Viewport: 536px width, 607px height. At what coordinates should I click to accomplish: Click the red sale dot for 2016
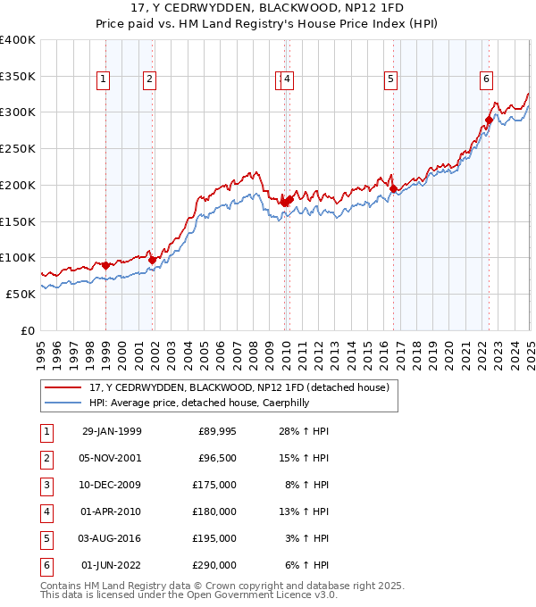[x=393, y=188]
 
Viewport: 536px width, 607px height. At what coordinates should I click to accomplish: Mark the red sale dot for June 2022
[x=489, y=120]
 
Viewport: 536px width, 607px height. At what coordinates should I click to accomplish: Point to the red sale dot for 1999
[x=105, y=265]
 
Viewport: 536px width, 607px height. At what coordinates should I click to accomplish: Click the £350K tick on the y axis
[x=17, y=76]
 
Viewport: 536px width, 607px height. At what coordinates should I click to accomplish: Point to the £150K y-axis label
[x=17, y=220]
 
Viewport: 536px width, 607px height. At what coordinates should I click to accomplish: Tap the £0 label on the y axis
[x=28, y=329]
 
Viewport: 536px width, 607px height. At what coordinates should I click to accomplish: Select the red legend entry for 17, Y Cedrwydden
[x=239, y=388]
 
